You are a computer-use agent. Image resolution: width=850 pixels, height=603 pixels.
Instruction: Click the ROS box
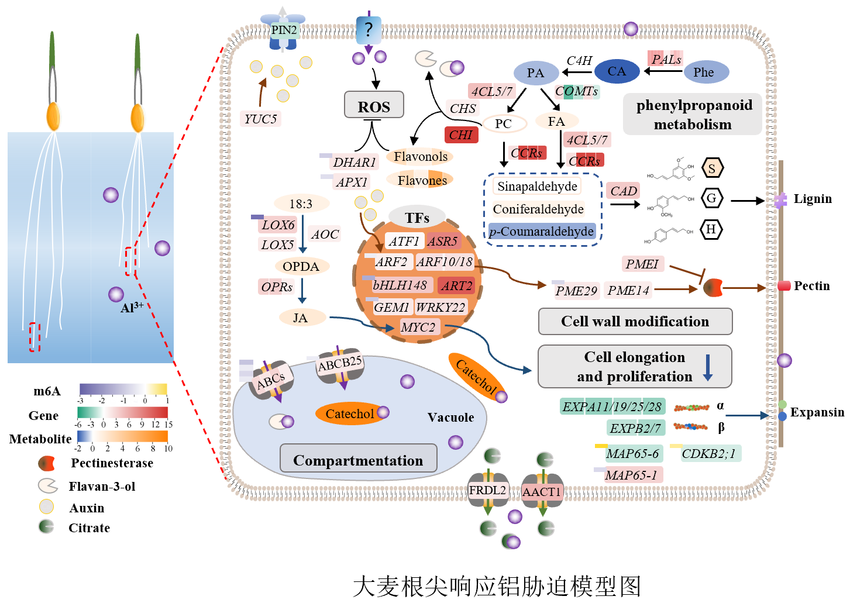374,106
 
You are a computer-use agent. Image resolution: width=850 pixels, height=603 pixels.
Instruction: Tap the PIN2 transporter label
284,30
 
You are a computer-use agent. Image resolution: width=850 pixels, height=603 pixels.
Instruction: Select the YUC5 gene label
260,119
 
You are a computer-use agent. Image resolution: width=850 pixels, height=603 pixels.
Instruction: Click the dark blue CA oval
617,71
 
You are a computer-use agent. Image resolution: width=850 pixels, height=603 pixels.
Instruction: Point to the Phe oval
704,73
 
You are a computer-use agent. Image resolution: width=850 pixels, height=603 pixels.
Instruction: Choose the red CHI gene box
461,135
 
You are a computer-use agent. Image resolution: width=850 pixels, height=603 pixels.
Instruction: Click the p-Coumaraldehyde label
542,232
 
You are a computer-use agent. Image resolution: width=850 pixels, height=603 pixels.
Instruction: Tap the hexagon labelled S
712,168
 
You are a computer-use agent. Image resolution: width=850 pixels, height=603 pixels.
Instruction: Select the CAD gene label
624,191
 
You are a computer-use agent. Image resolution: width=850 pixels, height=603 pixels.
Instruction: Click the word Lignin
813,199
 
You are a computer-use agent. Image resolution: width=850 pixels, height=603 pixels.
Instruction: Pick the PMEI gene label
642,264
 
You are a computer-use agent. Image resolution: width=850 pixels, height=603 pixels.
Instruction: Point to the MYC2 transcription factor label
418,327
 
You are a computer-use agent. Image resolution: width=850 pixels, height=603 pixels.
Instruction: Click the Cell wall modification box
635,322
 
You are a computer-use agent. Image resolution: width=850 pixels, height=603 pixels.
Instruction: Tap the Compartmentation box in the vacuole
358,460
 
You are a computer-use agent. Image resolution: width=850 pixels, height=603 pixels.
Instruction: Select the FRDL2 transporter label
487,490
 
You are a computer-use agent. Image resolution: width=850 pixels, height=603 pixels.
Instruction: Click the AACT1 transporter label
542,492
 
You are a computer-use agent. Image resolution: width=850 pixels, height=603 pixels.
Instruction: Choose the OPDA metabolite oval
301,267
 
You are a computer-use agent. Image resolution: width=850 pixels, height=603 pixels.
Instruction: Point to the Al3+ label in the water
132,308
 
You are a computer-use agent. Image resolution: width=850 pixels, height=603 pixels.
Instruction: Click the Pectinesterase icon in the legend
46,464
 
